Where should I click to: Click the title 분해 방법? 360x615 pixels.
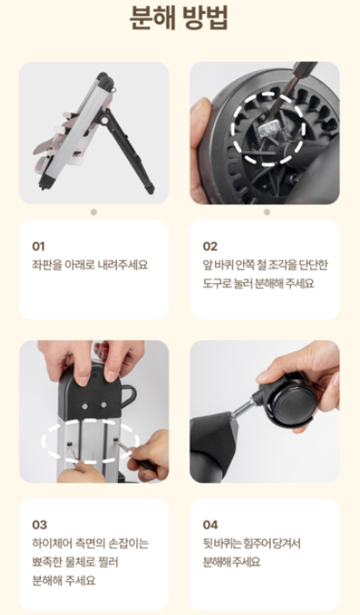coord(179,18)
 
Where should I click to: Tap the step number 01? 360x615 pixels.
coord(38,246)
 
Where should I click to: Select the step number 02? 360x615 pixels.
coord(210,246)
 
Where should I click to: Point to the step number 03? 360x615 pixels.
coord(39,525)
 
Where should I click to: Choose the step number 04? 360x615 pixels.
coord(211,525)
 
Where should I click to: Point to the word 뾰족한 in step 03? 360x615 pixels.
coord(46,562)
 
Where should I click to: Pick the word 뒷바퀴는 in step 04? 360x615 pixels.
coord(220,543)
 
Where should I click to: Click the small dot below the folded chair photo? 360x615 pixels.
coord(93,212)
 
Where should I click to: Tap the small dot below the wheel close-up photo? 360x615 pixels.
coord(267,212)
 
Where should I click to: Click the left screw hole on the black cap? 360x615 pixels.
coord(85,404)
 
